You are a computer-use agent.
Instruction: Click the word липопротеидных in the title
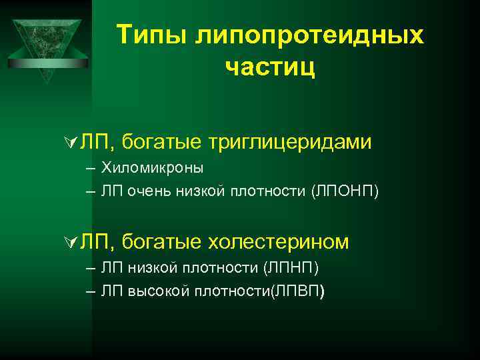click(x=309, y=35)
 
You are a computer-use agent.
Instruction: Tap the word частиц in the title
click(x=270, y=67)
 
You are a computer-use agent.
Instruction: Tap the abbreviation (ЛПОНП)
click(x=344, y=192)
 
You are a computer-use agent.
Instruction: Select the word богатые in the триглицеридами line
click(x=163, y=141)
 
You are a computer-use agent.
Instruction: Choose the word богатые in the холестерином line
click(x=163, y=241)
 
